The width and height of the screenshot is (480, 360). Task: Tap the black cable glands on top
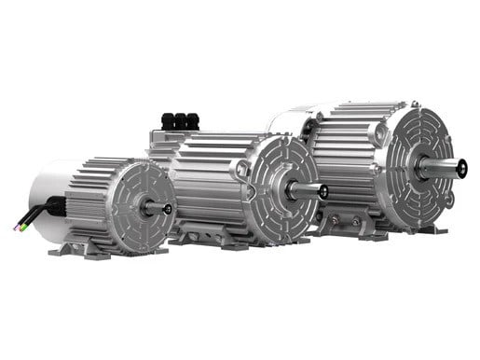point(180,120)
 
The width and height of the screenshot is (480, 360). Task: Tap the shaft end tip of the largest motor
point(461,168)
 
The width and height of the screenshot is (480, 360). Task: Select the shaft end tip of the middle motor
point(322,191)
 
